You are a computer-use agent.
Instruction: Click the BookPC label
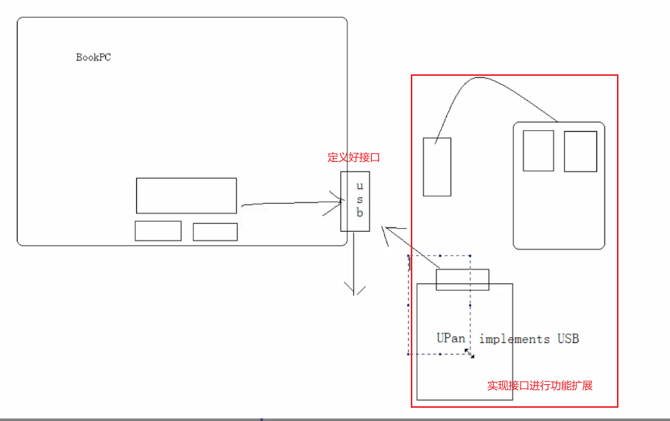coord(94,57)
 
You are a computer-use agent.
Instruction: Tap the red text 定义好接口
coord(353,158)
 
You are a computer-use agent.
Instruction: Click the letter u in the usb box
coord(360,185)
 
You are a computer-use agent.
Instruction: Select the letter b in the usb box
coord(360,213)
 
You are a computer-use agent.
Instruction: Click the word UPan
coord(451,339)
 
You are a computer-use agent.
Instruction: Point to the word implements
coord(514,339)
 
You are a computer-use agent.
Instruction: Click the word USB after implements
coord(568,339)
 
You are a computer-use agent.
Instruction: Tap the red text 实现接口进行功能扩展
coord(540,386)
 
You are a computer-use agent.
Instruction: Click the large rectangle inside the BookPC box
coord(186,196)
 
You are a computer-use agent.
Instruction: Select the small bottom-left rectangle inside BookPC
coord(158,231)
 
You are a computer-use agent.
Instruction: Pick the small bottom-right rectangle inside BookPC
coord(215,232)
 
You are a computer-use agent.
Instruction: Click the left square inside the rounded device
coord(538,151)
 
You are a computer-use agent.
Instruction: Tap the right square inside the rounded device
coord(580,151)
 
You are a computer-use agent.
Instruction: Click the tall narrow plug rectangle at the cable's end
coord(437,167)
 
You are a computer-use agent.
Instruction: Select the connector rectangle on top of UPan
coord(462,280)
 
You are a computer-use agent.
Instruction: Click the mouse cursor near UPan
coord(469,354)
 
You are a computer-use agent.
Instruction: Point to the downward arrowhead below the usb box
coord(356,290)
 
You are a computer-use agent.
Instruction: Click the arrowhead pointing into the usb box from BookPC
coord(337,201)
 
